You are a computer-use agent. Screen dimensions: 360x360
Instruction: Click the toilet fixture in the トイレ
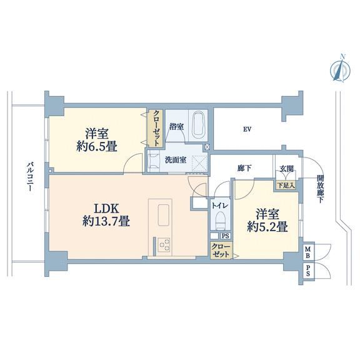[221, 221]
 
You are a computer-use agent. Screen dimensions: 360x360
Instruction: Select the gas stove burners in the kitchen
[164, 244]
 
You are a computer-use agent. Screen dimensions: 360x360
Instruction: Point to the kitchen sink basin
[164, 214]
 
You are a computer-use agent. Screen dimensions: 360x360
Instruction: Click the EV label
[247, 129]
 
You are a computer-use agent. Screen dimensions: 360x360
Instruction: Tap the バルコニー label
[29, 176]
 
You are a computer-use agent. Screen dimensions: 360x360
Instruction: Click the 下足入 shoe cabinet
[286, 185]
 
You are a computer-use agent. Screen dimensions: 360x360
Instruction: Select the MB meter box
[308, 252]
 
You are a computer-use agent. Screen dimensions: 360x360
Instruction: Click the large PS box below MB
[308, 271]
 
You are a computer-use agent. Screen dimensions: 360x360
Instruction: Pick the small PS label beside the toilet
[225, 236]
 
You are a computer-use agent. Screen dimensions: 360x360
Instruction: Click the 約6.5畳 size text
[97, 146]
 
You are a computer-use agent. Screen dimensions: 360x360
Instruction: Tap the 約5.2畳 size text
[267, 227]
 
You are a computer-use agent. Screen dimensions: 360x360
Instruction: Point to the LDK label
[106, 209]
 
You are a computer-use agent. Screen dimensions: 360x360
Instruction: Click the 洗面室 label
[176, 160]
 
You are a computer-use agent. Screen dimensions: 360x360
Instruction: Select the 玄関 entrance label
[286, 169]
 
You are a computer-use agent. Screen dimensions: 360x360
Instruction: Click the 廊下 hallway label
[244, 168]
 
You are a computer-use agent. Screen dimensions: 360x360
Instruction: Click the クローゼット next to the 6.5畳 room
[156, 128]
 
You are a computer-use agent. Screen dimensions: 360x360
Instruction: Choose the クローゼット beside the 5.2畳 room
[221, 251]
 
